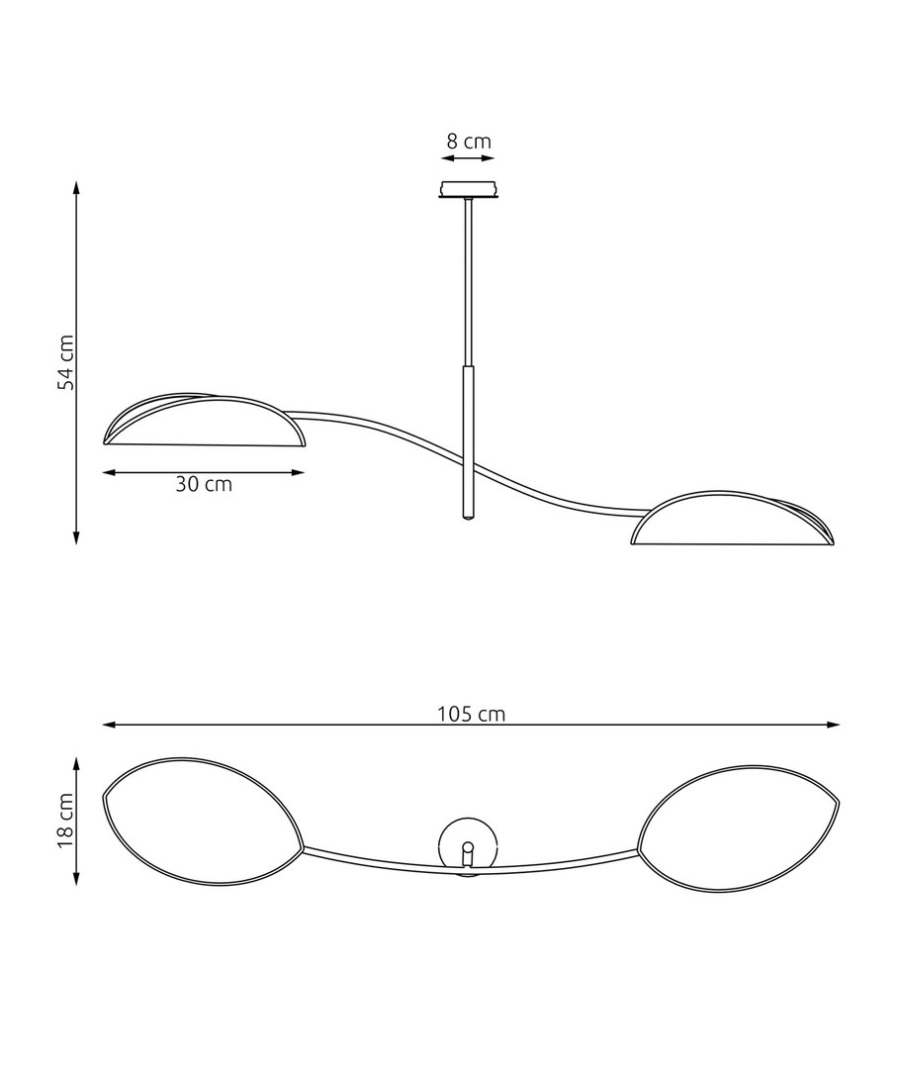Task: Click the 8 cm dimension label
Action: coord(469,142)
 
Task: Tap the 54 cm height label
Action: coord(66,362)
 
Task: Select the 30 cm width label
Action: coord(204,484)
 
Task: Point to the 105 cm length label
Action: coord(472,714)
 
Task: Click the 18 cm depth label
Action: coord(66,820)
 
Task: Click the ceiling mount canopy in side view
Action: coord(468,189)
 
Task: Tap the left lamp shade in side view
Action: coord(204,420)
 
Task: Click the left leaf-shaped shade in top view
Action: coord(203,821)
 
